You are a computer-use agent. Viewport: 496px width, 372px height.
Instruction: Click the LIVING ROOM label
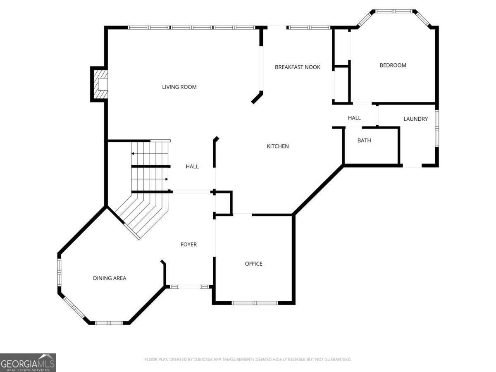[x=179, y=87]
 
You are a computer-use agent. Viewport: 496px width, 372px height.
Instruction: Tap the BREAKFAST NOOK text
[x=297, y=67]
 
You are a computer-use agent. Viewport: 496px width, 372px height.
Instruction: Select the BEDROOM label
[x=393, y=65]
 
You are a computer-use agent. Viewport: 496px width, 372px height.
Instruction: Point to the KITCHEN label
[x=278, y=146]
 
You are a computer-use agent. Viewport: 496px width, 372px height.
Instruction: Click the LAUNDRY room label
[x=415, y=119]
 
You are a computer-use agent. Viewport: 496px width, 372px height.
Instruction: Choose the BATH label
[x=364, y=141]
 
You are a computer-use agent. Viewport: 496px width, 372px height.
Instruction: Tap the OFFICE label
[x=253, y=264]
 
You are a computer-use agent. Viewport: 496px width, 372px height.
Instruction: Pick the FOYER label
[x=188, y=244]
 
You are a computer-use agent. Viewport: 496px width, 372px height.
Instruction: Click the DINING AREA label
[x=110, y=278]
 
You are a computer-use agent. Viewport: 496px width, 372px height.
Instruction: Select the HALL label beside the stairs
[x=192, y=167]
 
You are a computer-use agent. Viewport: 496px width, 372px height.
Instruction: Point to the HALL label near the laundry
[x=354, y=118]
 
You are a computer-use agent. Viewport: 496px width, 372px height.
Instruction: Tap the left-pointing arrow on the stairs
[x=150, y=154]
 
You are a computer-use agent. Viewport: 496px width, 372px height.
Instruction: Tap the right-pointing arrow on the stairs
[x=150, y=179]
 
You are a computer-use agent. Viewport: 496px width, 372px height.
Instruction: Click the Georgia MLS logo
[x=28, y=362]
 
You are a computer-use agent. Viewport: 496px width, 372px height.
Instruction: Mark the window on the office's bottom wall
[x=255, y=303]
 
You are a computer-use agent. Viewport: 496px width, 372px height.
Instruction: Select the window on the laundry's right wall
[x=437, y=128]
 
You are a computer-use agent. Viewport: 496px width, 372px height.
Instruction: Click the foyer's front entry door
[x=190, y=287]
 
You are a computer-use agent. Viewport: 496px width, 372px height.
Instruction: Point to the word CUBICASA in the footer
[x=203, y=359]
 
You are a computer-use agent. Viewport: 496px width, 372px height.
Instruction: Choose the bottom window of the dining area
[x=109, y=323]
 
